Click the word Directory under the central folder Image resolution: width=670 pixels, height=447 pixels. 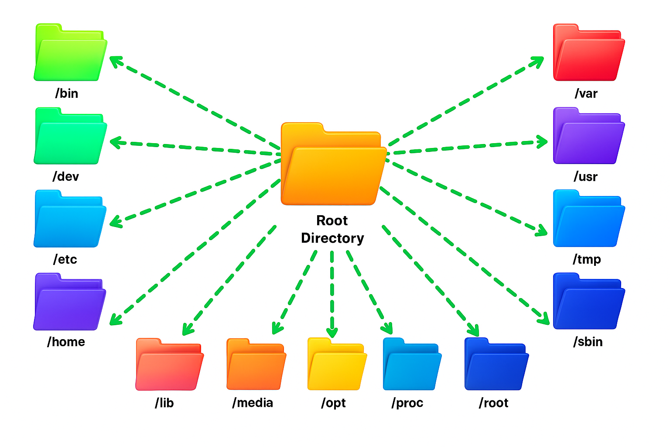click(x=332, y=238)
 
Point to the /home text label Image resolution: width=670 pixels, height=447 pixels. click(x=66, y=342)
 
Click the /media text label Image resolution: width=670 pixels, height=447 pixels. click(x=253, y=402)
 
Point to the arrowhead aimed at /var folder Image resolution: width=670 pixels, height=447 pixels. click(x=538, y=61)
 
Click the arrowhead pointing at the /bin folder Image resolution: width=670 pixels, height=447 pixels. click(x=115, y=61)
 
